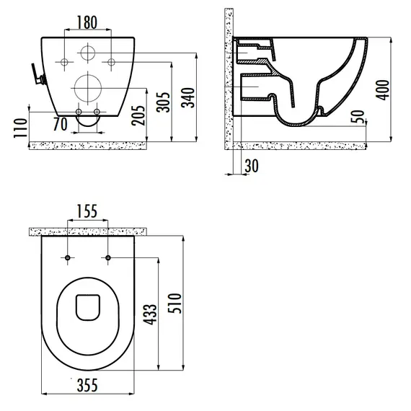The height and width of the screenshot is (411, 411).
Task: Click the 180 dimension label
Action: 87,22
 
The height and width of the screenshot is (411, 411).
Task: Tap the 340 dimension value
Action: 188,98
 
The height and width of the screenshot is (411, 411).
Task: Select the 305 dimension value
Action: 163,102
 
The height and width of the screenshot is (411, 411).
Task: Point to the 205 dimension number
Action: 138,115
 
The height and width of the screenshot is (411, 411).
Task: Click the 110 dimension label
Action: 21,128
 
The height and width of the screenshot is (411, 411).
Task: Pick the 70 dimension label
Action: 61,124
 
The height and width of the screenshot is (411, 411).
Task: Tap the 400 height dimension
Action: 383,90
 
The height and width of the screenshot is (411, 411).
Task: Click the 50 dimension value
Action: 358,117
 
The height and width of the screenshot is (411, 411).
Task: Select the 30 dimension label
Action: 252,166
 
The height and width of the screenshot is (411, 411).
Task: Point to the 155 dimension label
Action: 87,211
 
